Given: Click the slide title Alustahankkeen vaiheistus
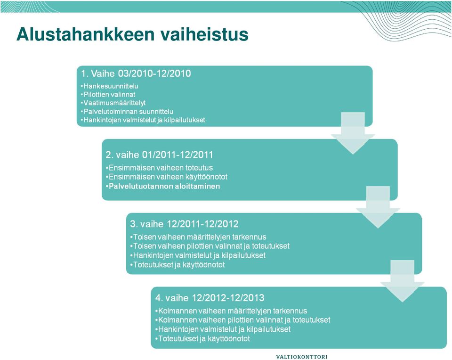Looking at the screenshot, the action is click(132, 34).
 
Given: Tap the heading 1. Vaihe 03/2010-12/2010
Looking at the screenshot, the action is click(136, 74).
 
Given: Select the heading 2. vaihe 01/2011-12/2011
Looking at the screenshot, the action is click(159, 155).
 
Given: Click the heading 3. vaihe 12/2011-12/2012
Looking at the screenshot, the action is click(184, 224).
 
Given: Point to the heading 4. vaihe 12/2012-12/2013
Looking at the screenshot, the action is click(210, 298).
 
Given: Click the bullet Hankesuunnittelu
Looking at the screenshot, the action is click(110, 86).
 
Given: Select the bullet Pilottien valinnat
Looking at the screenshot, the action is click(108, 95).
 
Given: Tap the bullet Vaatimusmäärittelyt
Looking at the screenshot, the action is click(113, 103).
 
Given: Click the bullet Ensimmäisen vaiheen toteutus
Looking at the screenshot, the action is click(160, 168).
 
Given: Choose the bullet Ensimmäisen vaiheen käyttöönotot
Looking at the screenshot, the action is click(167, 177).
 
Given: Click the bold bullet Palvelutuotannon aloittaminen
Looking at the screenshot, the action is click(163, 186).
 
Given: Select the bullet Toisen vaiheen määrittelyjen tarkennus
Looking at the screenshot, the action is click(198, 237).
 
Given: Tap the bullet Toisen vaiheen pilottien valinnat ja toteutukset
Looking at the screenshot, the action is click(210, 246).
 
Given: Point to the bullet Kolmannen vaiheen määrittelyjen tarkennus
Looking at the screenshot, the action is click(231, 311).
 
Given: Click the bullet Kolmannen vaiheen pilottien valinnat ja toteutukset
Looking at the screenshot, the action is click(243, 320).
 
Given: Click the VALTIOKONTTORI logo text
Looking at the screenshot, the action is click(302, 357).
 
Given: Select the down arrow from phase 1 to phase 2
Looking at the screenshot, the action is click(353, 133).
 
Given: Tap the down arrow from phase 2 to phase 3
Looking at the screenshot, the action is click(378, 207).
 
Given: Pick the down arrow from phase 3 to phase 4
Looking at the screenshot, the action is click(403, 281).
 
